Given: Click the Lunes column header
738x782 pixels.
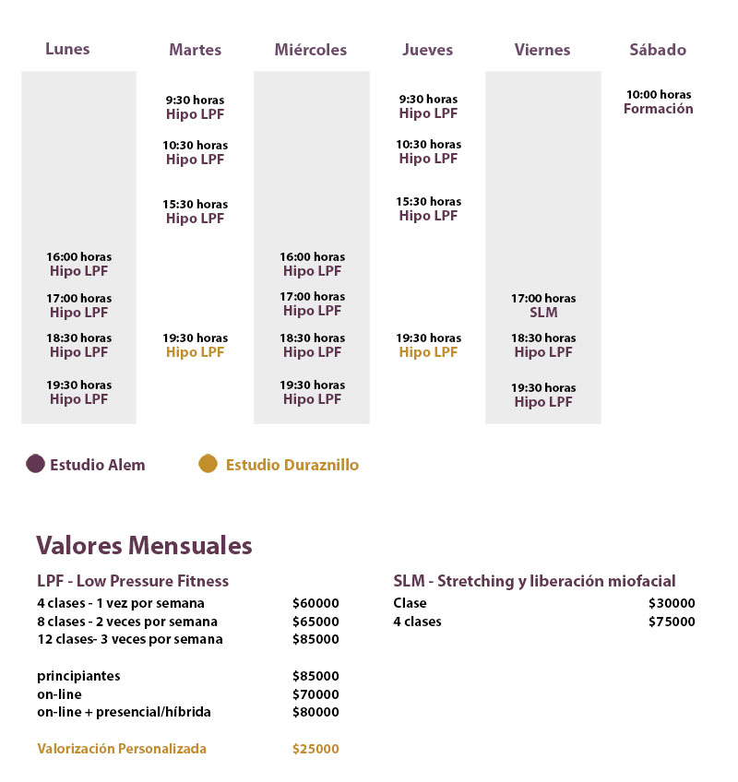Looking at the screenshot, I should click(67, 49).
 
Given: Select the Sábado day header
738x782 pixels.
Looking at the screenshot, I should click(658, 50).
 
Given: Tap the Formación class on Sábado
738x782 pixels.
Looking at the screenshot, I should click(658, 109).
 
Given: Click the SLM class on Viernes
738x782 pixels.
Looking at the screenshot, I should click(543, 313).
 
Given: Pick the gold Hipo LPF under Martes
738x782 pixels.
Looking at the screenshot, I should click(195, 352).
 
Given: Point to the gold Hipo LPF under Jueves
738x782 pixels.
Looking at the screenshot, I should click(428, 352).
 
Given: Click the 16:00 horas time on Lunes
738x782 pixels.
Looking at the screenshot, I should click(79, 257).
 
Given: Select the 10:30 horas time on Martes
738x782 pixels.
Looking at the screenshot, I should click(195, 145).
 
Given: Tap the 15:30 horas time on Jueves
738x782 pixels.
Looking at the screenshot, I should click(428, 201).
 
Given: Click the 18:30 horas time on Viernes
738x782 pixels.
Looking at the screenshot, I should click(543, 338).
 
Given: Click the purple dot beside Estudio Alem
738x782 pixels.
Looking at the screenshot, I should click(35, 464).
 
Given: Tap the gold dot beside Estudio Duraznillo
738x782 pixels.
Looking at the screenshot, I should click(208, 464).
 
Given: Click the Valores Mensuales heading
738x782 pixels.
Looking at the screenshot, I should click(144, 545).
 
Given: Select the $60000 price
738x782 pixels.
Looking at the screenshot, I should click(315, 603).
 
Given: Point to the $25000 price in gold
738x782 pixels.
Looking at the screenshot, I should click(315, 749).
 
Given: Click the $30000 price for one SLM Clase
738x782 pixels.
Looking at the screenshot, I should click(672, 603).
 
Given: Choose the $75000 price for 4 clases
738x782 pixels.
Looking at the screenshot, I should click(672, 622).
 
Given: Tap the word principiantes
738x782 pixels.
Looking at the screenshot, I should click(78, 676).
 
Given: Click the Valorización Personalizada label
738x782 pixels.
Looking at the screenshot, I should click(122, 749).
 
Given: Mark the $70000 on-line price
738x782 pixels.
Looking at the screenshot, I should click(315, 694).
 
